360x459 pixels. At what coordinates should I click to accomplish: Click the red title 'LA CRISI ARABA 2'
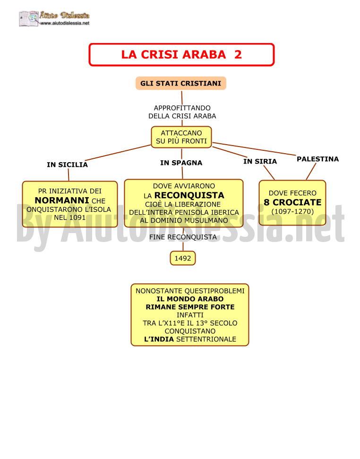[181, 55]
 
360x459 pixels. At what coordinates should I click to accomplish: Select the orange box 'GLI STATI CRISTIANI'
[181, 83]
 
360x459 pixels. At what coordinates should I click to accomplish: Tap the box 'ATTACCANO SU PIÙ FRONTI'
[181, 137]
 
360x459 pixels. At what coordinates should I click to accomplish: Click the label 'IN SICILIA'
[67, 165]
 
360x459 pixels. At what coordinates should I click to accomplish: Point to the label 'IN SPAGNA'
[181, 163]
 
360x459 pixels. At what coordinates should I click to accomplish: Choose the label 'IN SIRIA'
[260, 161]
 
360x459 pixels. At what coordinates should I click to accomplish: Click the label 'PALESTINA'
[317, 159]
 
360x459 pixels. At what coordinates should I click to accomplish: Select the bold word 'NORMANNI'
[62, 200]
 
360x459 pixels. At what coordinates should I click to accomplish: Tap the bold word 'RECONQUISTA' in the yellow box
[189, 195]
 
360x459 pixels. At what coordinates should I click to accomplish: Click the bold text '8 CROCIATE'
[292, 202]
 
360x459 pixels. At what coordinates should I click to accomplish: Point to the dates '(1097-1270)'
[292, 211]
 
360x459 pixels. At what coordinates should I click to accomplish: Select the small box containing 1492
[183, 258]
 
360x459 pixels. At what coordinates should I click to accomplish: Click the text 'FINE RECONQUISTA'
[183, 237]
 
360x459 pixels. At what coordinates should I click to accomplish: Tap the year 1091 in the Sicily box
[77, 217]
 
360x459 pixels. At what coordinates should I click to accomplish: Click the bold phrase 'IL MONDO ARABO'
[190, 299]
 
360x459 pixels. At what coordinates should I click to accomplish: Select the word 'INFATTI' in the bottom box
[190, 315]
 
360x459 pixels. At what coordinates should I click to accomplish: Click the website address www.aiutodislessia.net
[65, 24]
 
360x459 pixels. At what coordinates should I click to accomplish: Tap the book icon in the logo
[29, 19]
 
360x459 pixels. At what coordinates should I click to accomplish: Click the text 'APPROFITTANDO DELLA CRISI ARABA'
[182, 112]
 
